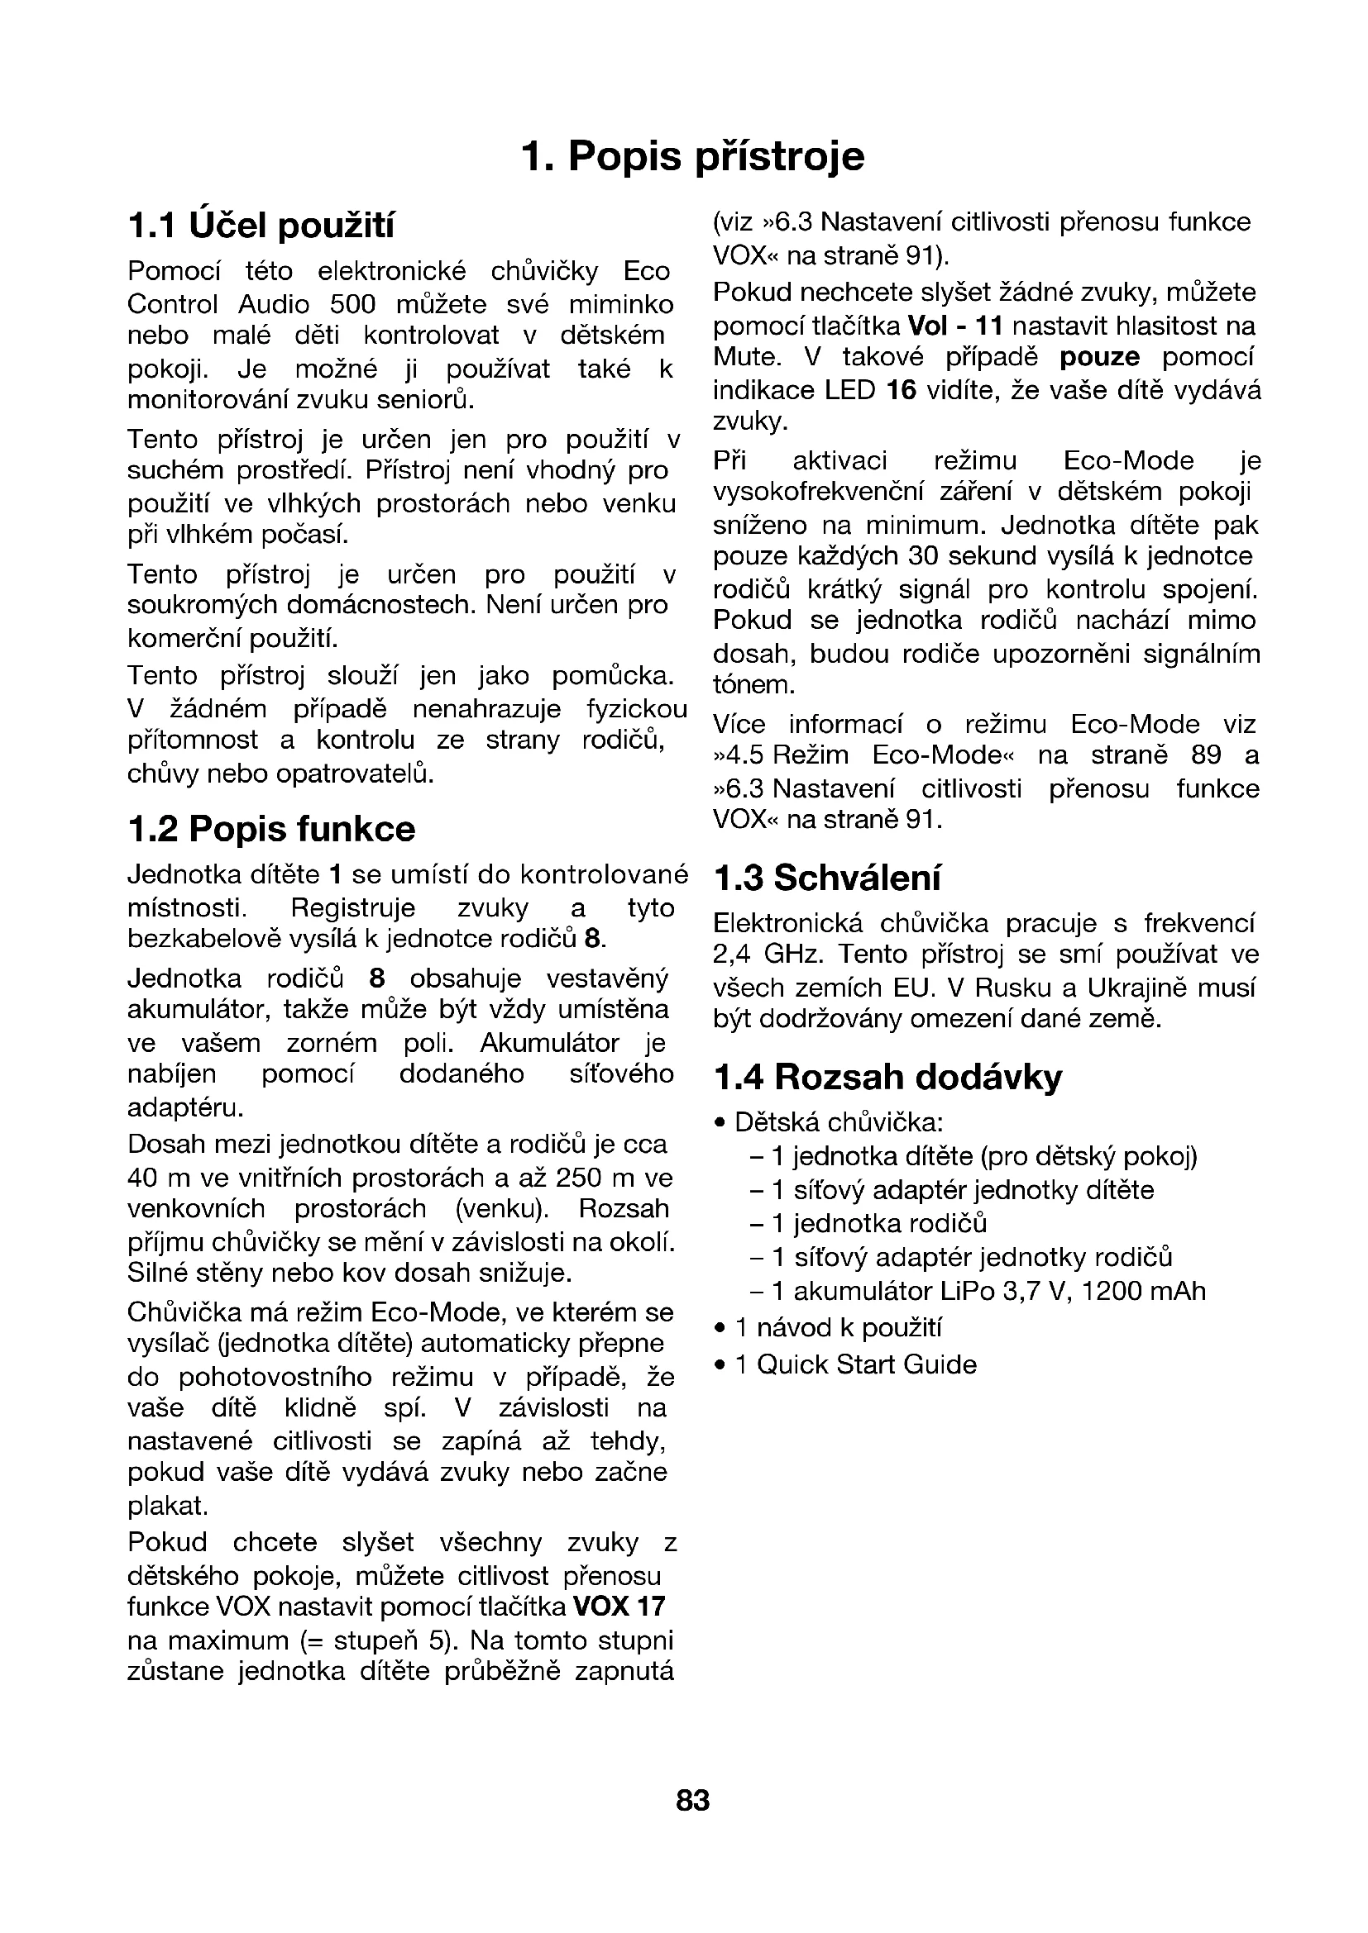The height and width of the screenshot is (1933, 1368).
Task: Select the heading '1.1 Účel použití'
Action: point(261,226)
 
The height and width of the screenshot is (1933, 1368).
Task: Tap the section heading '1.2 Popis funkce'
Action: point(271,829)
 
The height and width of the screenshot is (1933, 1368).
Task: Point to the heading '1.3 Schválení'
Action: point(826,878)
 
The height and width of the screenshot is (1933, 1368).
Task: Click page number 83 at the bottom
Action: point(692,1801)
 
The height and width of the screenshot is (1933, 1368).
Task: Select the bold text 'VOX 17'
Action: point(619,1607)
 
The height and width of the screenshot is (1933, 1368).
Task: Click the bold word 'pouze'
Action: point(1099,358)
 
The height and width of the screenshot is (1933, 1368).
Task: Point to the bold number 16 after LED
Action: point(902,391)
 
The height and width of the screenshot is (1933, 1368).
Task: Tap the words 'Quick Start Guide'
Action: point(867,1364)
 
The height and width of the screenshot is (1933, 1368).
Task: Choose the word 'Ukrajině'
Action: point(1136,988)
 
